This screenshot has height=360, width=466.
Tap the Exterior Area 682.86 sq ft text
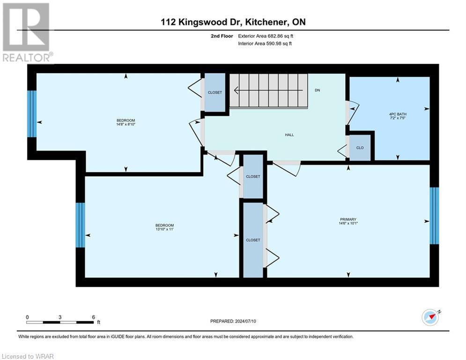point(266,36)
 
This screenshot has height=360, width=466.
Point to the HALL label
point(289,135)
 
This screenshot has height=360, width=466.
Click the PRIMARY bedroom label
point(348,219)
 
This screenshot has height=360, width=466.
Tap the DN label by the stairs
point(317,90)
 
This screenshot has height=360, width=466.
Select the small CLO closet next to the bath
point(360,148)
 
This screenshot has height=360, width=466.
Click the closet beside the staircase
point(215,92)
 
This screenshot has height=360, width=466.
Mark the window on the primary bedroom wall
point(434,216)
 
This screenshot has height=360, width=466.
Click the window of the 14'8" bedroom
point(32,114)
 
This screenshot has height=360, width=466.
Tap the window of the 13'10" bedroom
point(80,225)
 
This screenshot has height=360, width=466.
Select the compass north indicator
point(430,317)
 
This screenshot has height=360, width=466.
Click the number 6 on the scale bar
point(94,317)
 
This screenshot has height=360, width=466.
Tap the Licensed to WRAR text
point(28,356)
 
